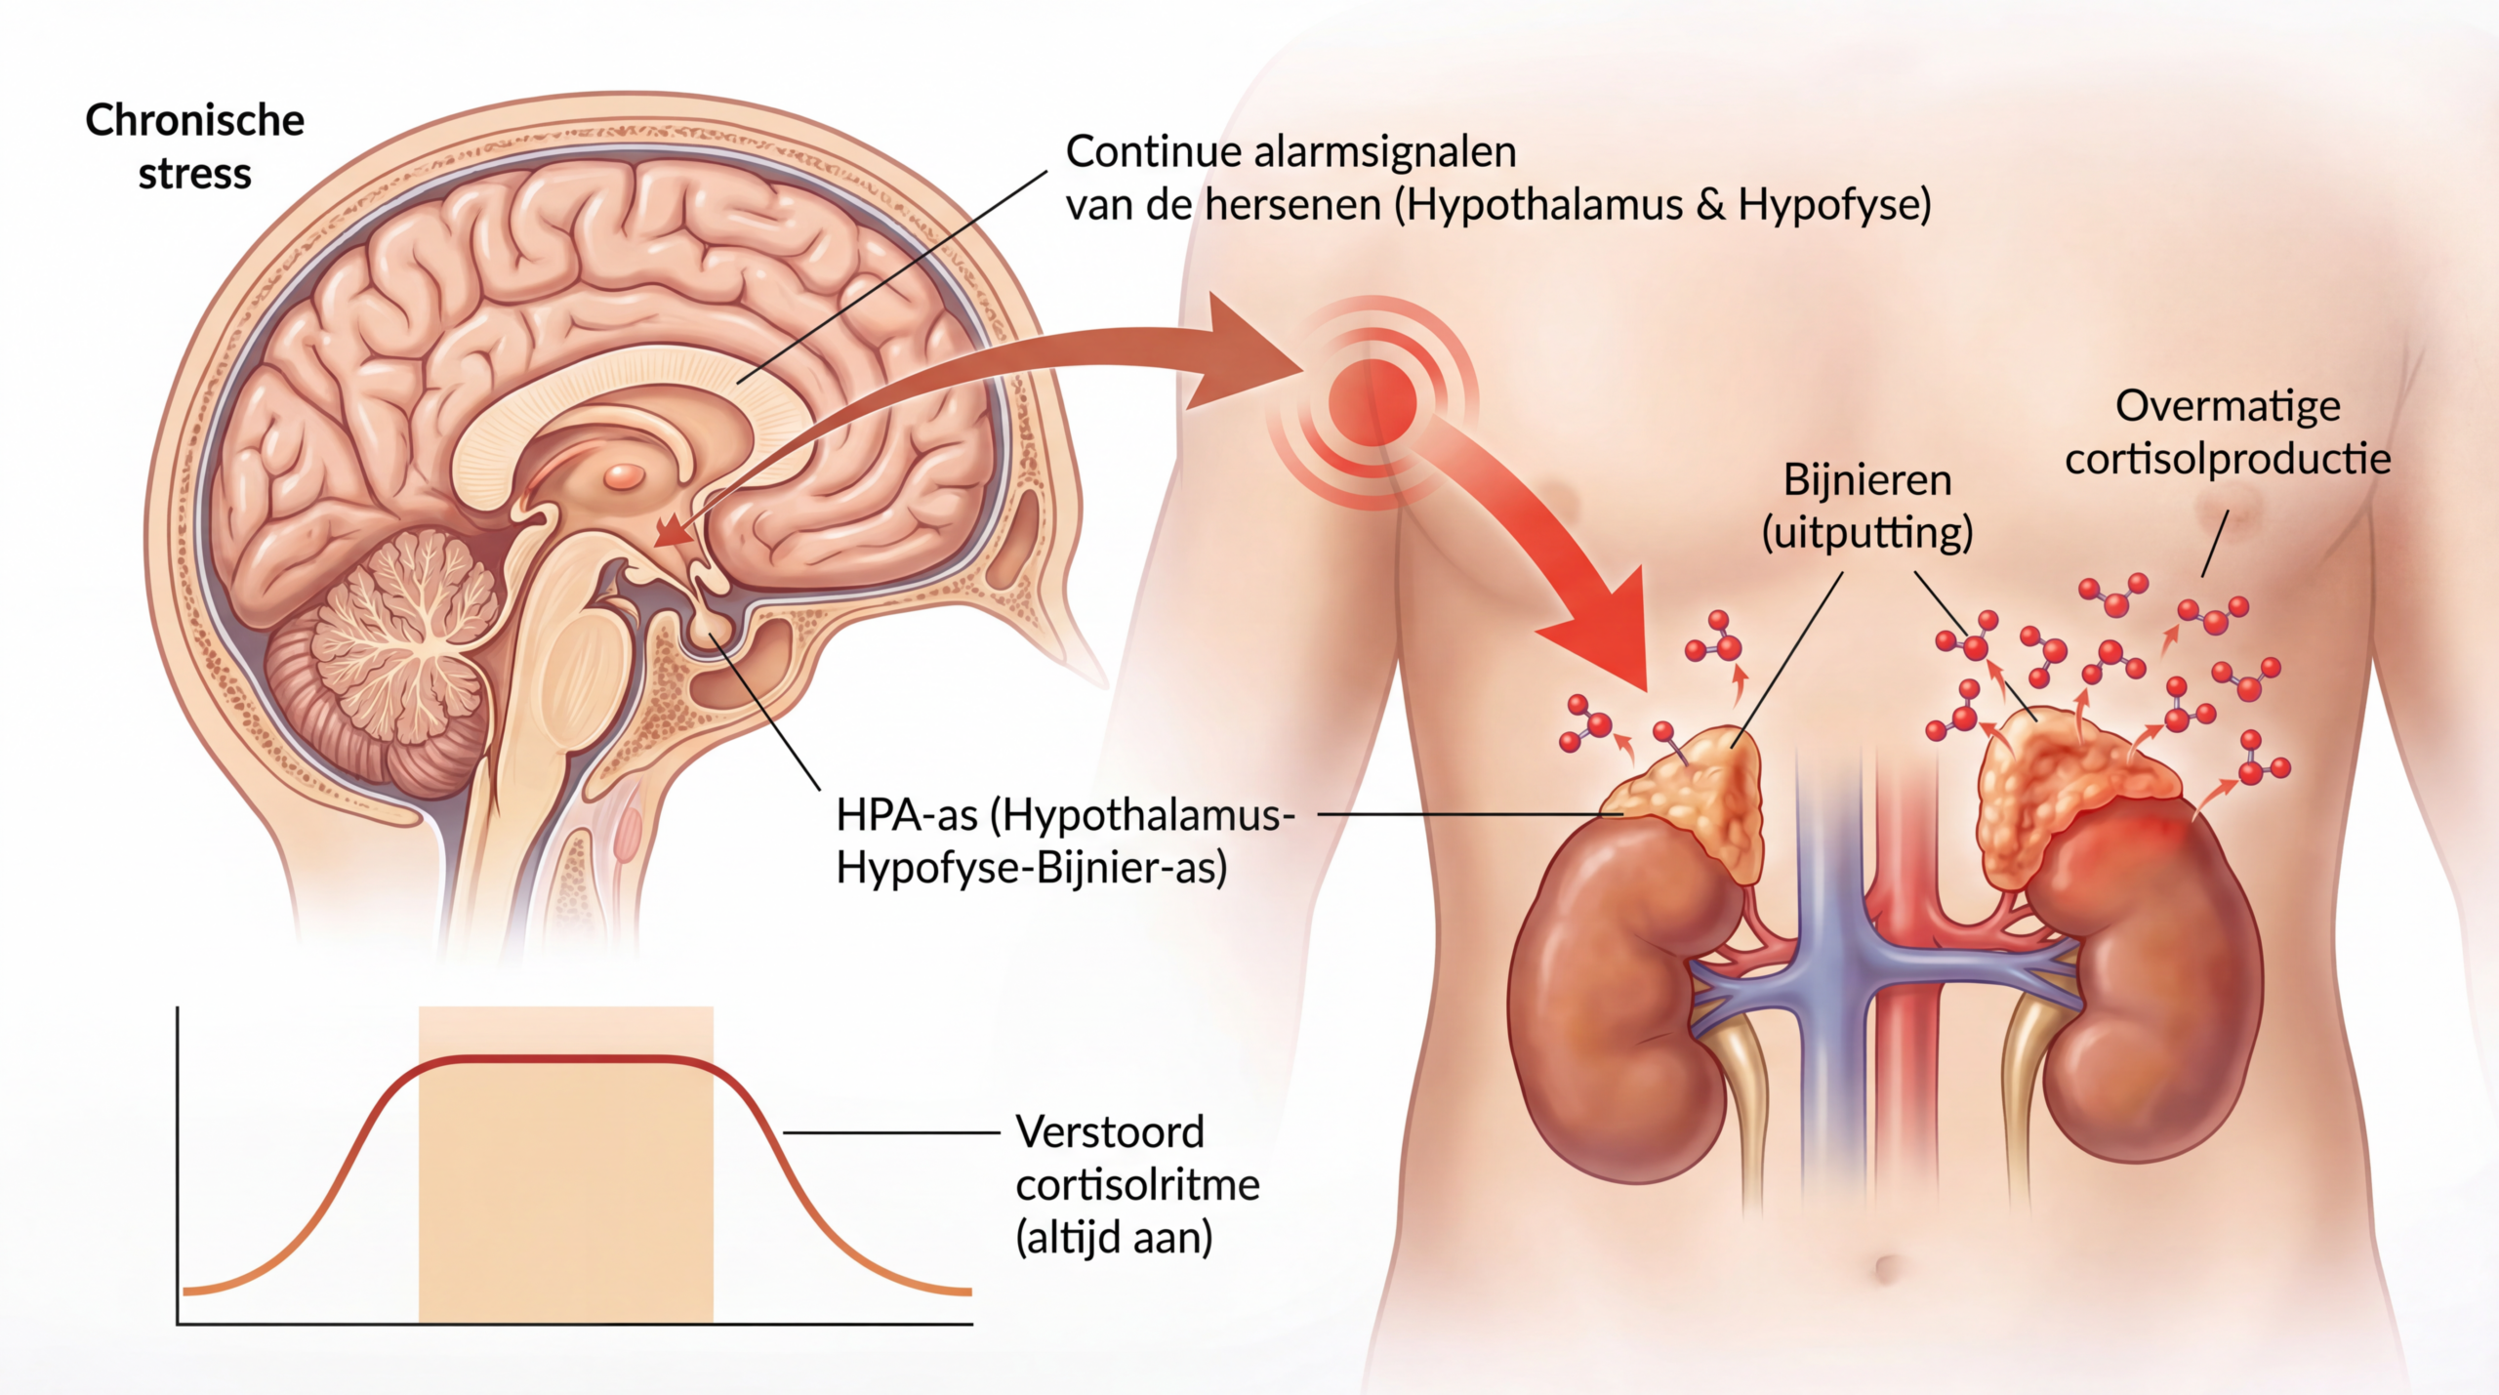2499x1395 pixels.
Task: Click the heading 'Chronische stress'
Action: [195, 146]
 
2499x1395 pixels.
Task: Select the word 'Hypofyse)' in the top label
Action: [1834, 206]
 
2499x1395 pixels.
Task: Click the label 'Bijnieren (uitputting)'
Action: [1867, 507]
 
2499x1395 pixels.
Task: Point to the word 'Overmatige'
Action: [2228, 406]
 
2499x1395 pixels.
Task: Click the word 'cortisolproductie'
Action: [2228, 459]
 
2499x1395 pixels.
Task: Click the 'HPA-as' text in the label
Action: [907, 815]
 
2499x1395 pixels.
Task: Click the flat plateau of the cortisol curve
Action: [566, 1059]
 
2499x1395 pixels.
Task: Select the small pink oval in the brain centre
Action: [623, 476]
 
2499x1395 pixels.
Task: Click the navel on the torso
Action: [1886, 1268]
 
